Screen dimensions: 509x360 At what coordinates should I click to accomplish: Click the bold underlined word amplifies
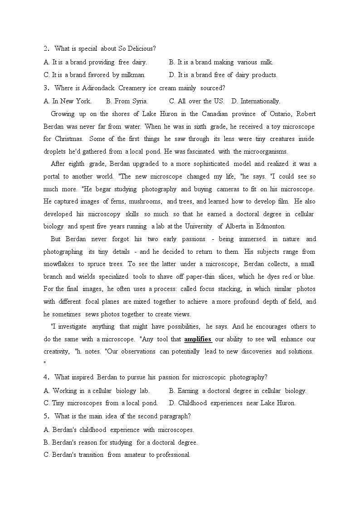coord(198,339)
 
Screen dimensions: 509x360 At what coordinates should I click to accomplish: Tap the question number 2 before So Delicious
coord(46,49)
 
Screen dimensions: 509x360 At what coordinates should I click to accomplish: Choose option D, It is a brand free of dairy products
coord(223,75)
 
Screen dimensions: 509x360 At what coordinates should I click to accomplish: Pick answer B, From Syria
coord(126,101)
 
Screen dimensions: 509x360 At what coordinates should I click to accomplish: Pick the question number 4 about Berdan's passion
coord(46,377)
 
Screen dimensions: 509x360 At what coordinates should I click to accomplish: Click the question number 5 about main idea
coord(46,416)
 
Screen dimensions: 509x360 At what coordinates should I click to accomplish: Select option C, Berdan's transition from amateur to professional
coord(117,455)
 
